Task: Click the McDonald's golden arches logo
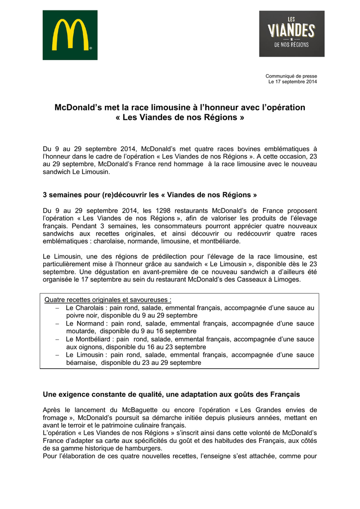coord(70,35)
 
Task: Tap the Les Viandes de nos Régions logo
coord(291,33)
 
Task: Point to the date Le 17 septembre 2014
coord(292,82)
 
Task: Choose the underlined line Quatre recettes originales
coord(108,300)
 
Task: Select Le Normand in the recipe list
coord(84,324)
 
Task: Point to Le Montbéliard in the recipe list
coord(88,339)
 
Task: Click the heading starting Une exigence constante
coord(172,394)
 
